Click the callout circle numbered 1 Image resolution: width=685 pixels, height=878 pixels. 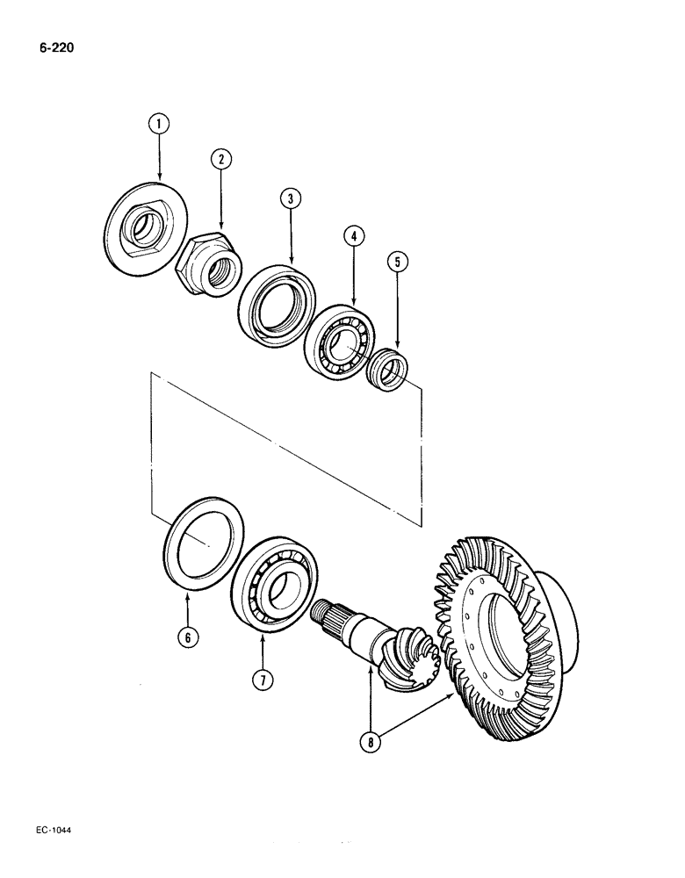pyautogui.click(x=159, y=125)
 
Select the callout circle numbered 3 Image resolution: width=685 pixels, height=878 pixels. pyautogui.click(x=291, y=198)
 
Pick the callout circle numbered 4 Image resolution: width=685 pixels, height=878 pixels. pyautogui.click(x=352, y=235)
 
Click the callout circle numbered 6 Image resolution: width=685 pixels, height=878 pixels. pyautogui.click(x=186, y=638)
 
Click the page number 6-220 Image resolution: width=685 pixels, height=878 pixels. pyautogui.click(x=55, y=48)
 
